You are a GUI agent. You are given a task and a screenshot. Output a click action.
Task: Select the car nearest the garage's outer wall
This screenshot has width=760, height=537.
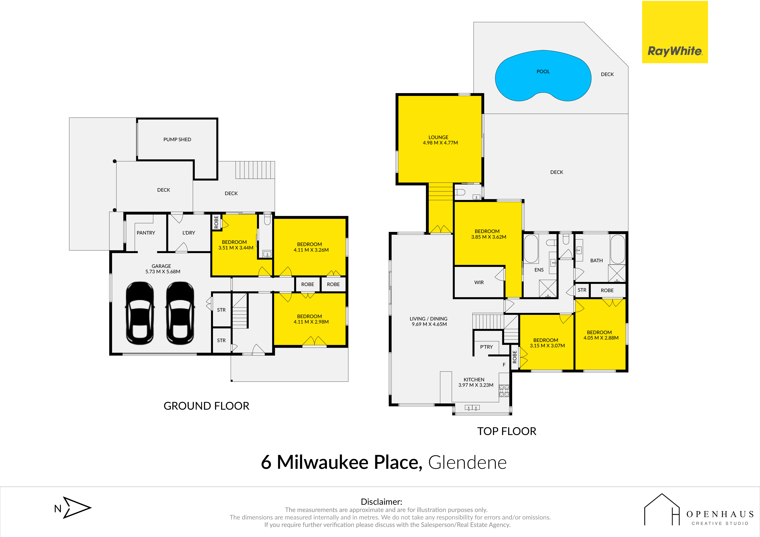(140, 313)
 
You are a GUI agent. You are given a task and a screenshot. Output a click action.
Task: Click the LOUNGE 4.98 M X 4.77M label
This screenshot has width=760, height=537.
(440, 140)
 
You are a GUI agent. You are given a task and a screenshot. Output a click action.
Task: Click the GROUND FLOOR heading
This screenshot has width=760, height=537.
(206, 406)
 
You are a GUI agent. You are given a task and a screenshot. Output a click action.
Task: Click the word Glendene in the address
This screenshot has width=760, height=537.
(467, 462)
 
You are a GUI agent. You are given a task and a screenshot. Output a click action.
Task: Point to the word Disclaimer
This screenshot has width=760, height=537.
(381, 502)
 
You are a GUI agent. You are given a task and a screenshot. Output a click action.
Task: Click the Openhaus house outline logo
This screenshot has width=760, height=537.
(662, 510)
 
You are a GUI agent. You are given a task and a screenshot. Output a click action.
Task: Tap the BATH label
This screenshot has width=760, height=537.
(596, 261)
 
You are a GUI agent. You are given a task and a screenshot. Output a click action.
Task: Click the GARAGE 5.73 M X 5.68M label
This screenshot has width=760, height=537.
(162, 269)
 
